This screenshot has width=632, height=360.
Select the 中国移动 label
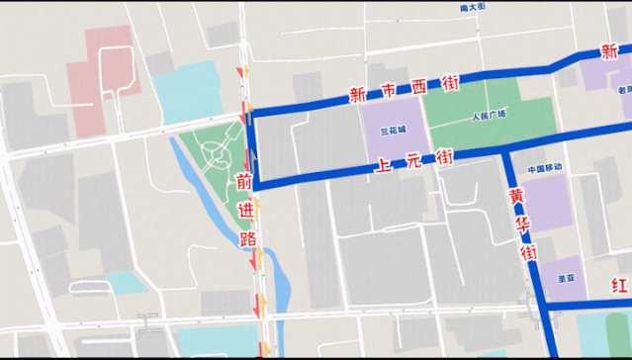coord(544,169)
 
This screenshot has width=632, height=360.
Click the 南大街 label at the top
coord(474,8)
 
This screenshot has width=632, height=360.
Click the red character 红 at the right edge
coord(620,287)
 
